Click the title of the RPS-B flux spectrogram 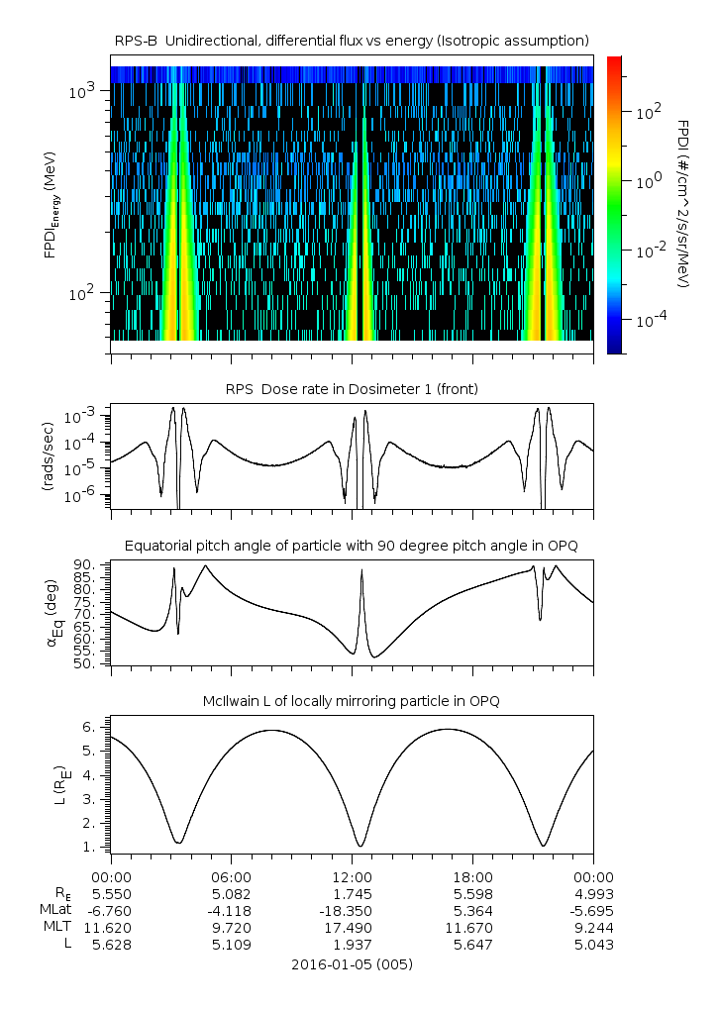point(352,40)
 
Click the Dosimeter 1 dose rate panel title point(352,389)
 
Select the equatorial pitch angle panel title point(352,546)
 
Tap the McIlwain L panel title point(352,701)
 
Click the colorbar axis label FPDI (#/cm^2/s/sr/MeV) point(683,204)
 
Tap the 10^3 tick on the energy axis point(81,91)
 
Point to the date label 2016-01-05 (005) point(352,963)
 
